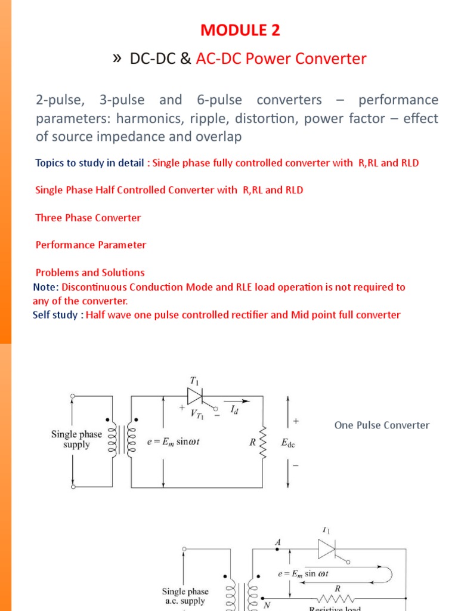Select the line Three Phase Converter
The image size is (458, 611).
[x=88, y=218]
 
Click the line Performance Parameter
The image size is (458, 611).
[x=91, y=245]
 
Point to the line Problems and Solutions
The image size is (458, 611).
[x=90, y=273]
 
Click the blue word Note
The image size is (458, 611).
[x=45, y=287]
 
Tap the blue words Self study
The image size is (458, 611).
[x=57, y=314]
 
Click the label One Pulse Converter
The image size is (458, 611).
[x=382, y=425]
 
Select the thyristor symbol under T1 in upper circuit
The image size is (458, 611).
[x=196, y=395]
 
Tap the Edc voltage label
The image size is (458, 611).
[x=289, y=443]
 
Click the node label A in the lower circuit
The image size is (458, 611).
[x=277, y=541]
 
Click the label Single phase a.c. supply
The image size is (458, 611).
[x=185, y=596]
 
